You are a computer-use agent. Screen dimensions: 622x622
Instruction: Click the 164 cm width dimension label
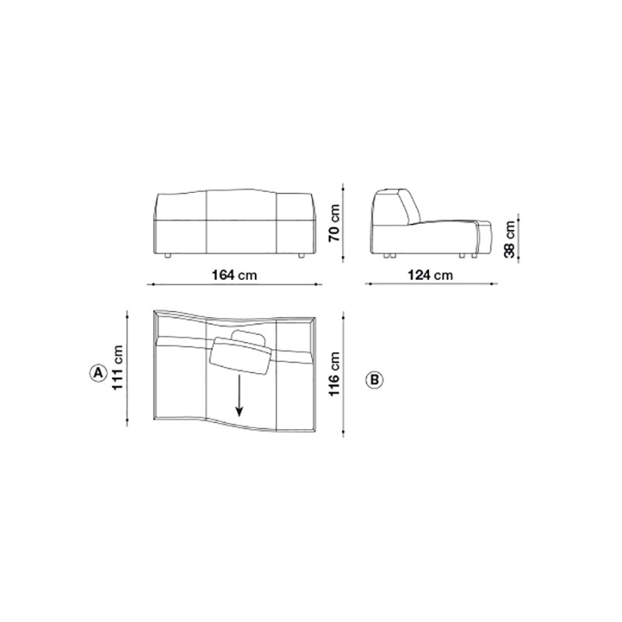(235, 274)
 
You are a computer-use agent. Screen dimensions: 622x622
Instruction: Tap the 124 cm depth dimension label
(431, 274)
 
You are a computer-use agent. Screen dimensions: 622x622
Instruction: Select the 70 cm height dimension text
(334, 223)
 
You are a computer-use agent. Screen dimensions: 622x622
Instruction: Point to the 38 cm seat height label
(510, 239)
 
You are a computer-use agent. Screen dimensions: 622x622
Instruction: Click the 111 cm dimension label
(118, 367)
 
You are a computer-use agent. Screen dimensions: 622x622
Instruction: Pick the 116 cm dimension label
(334, 374)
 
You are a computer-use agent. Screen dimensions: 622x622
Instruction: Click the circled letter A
(98, 373)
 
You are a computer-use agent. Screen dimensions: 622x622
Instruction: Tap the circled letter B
(374, 379)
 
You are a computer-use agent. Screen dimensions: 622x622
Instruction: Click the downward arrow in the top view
(239, 396)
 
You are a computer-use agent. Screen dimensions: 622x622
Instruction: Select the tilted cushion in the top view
(240, 356)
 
